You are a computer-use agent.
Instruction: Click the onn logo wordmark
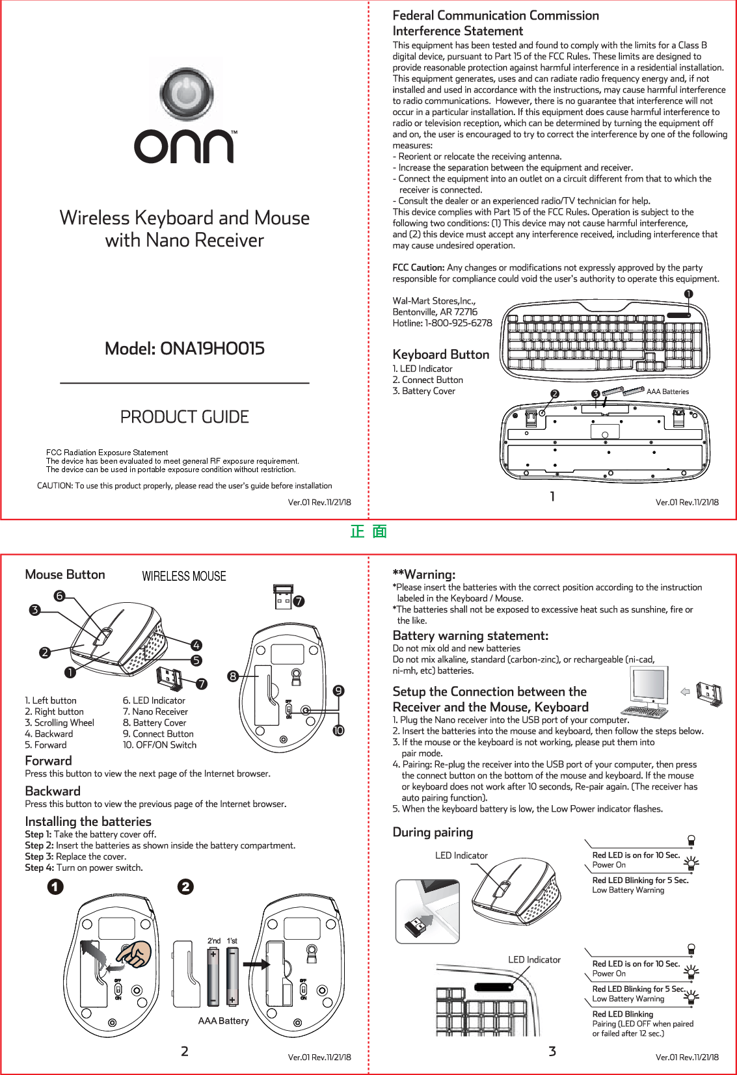[x=184, y=147]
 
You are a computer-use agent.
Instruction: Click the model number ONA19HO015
[x=185, y=349]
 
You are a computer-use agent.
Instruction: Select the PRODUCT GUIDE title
[x=185, y=417]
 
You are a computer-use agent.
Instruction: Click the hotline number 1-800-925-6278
[x=459, y=323]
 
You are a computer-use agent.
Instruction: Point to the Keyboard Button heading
[x=440, y=354]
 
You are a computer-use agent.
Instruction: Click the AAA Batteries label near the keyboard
[x=667, y=392]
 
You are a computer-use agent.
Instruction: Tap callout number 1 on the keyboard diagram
[x=688, y=294]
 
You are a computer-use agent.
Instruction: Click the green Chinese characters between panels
[x=369, y=532]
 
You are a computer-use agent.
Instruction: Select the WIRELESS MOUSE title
[x=184, y=576]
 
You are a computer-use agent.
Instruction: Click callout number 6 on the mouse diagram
[x=59, y=596]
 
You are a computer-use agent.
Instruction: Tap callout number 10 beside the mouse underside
[x=338, y=730]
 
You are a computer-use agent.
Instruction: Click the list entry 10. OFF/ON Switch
[x=159, y=745]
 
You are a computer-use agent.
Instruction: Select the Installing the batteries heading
[x=88, y=821]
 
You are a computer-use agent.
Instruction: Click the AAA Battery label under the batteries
[x=223, y=1021]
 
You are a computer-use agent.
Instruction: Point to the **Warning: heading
[x=423, y=574]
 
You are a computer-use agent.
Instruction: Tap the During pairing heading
[x=433, y=832]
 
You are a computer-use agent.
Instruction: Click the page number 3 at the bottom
[x=552, y=1051]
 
